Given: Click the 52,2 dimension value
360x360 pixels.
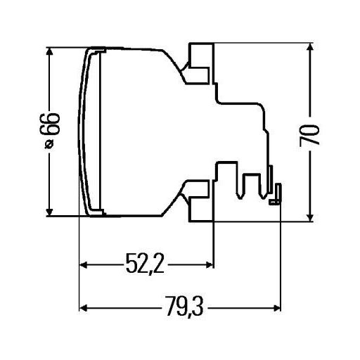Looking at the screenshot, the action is [145, 264].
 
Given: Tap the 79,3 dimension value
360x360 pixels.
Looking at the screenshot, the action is [184, 306].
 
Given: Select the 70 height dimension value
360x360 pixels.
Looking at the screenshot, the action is [309, 136].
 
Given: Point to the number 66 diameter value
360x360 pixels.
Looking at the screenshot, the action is [50, 124].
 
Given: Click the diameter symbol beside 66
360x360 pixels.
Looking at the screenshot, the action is [49, 144].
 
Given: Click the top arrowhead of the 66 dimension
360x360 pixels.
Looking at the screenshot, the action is [49, 51].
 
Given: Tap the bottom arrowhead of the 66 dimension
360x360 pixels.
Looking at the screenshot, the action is [49, 212].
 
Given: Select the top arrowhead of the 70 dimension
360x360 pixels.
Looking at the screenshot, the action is [310, 48].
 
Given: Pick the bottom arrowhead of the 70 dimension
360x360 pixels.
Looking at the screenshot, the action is [310, 217].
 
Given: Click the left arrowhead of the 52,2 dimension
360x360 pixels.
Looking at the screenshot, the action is [84, 265].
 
